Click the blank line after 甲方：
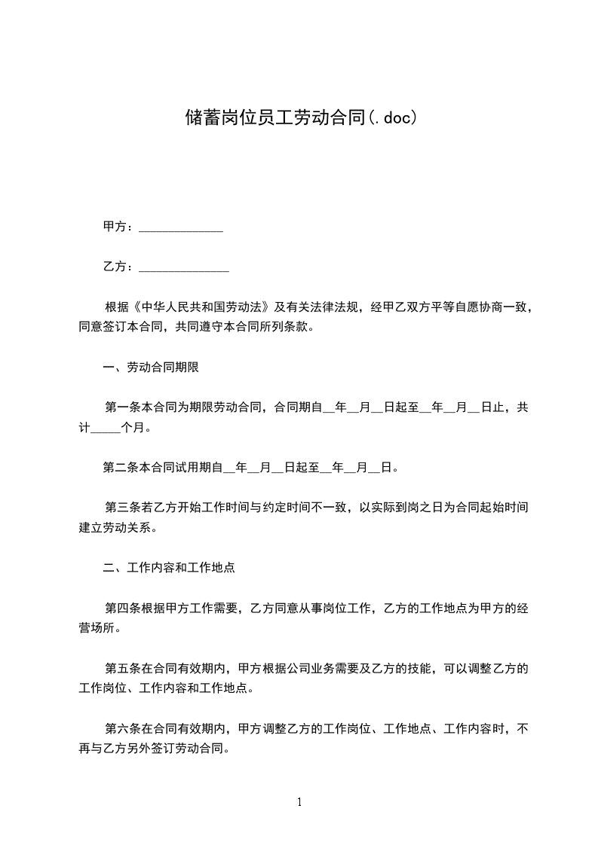coord(181,227)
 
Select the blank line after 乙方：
coord(184,267)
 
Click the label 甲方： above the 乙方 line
coord(118,227)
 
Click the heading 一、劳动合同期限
coord(151,368)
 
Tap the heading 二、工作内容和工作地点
coord(169,568)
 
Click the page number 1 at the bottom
coord(299,802)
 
